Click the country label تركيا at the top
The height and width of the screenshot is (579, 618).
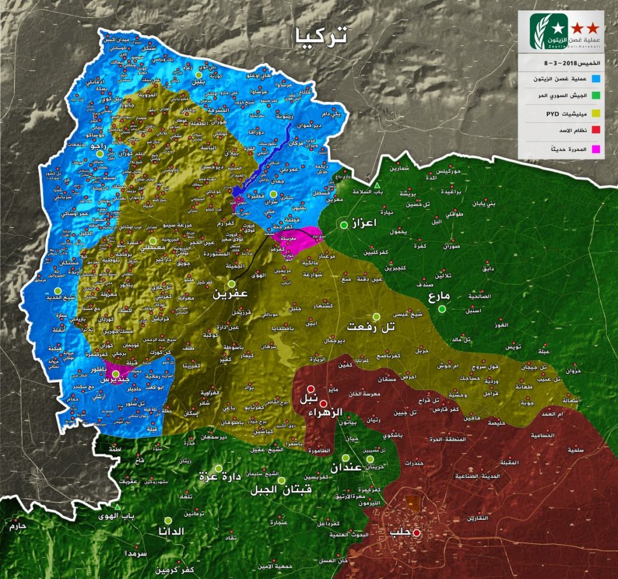click(320, 36)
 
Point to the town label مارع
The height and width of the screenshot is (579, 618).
click(440, 297)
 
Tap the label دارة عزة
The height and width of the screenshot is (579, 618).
click(220, 478)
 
